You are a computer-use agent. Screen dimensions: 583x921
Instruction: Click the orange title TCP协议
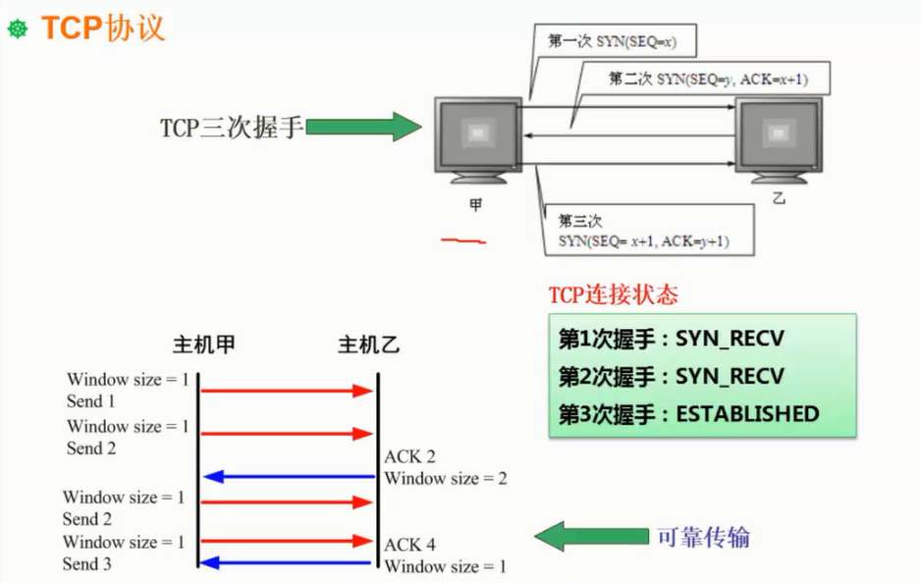(102, 27)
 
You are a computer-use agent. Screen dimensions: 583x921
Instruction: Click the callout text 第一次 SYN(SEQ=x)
(613, 42)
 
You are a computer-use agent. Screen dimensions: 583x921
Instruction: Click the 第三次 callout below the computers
(643, 231)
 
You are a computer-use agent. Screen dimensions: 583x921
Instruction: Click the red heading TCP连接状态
(613, 294)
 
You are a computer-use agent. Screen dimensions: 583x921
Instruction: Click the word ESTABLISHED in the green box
(747, 413)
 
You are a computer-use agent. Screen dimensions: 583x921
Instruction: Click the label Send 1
(90, 400)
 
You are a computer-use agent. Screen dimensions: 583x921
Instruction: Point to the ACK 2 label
(409, 456)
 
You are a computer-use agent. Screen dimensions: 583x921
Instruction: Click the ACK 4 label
(409, 545)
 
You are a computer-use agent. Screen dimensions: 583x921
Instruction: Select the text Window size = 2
(445, 479)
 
